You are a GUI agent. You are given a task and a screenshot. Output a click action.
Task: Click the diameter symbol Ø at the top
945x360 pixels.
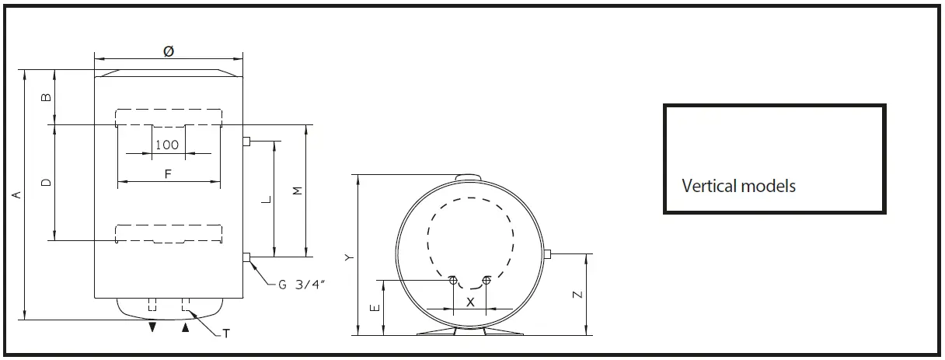click(x=168, y=51)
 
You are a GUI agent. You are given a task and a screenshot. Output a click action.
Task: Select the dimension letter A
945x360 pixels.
click(x=16, y=194)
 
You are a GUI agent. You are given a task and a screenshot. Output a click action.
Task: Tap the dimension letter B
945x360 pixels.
click(x=46, y=96)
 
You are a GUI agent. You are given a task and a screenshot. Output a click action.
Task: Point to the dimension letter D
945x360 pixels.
click(x=46, y=182)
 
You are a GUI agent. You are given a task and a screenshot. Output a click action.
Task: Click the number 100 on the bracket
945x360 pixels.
click(x=167, y=145)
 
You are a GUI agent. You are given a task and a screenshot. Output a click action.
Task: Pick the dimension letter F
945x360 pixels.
click(x=168, y=174)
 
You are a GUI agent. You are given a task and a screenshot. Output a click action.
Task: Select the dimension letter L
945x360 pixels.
click(x=266, y=199)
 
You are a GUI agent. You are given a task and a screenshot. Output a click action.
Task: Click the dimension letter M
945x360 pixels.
click(x=296, y=190)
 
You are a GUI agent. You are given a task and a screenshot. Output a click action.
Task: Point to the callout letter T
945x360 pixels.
click(x=225, y=334)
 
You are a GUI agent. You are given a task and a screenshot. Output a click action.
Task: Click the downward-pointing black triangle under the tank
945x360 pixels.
click(x=153, y=328)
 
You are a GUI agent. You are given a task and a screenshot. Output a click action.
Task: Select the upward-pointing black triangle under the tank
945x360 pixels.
click(x=185, y=328)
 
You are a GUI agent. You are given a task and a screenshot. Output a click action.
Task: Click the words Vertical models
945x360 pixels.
click(x=738, y=186)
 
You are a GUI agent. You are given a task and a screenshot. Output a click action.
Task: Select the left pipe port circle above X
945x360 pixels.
click(x=452, y=280)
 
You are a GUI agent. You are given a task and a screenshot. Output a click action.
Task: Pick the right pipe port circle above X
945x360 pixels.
click(x=486, y=280)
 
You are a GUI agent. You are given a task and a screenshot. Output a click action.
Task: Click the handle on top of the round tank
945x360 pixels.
click(x=469, y=178)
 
